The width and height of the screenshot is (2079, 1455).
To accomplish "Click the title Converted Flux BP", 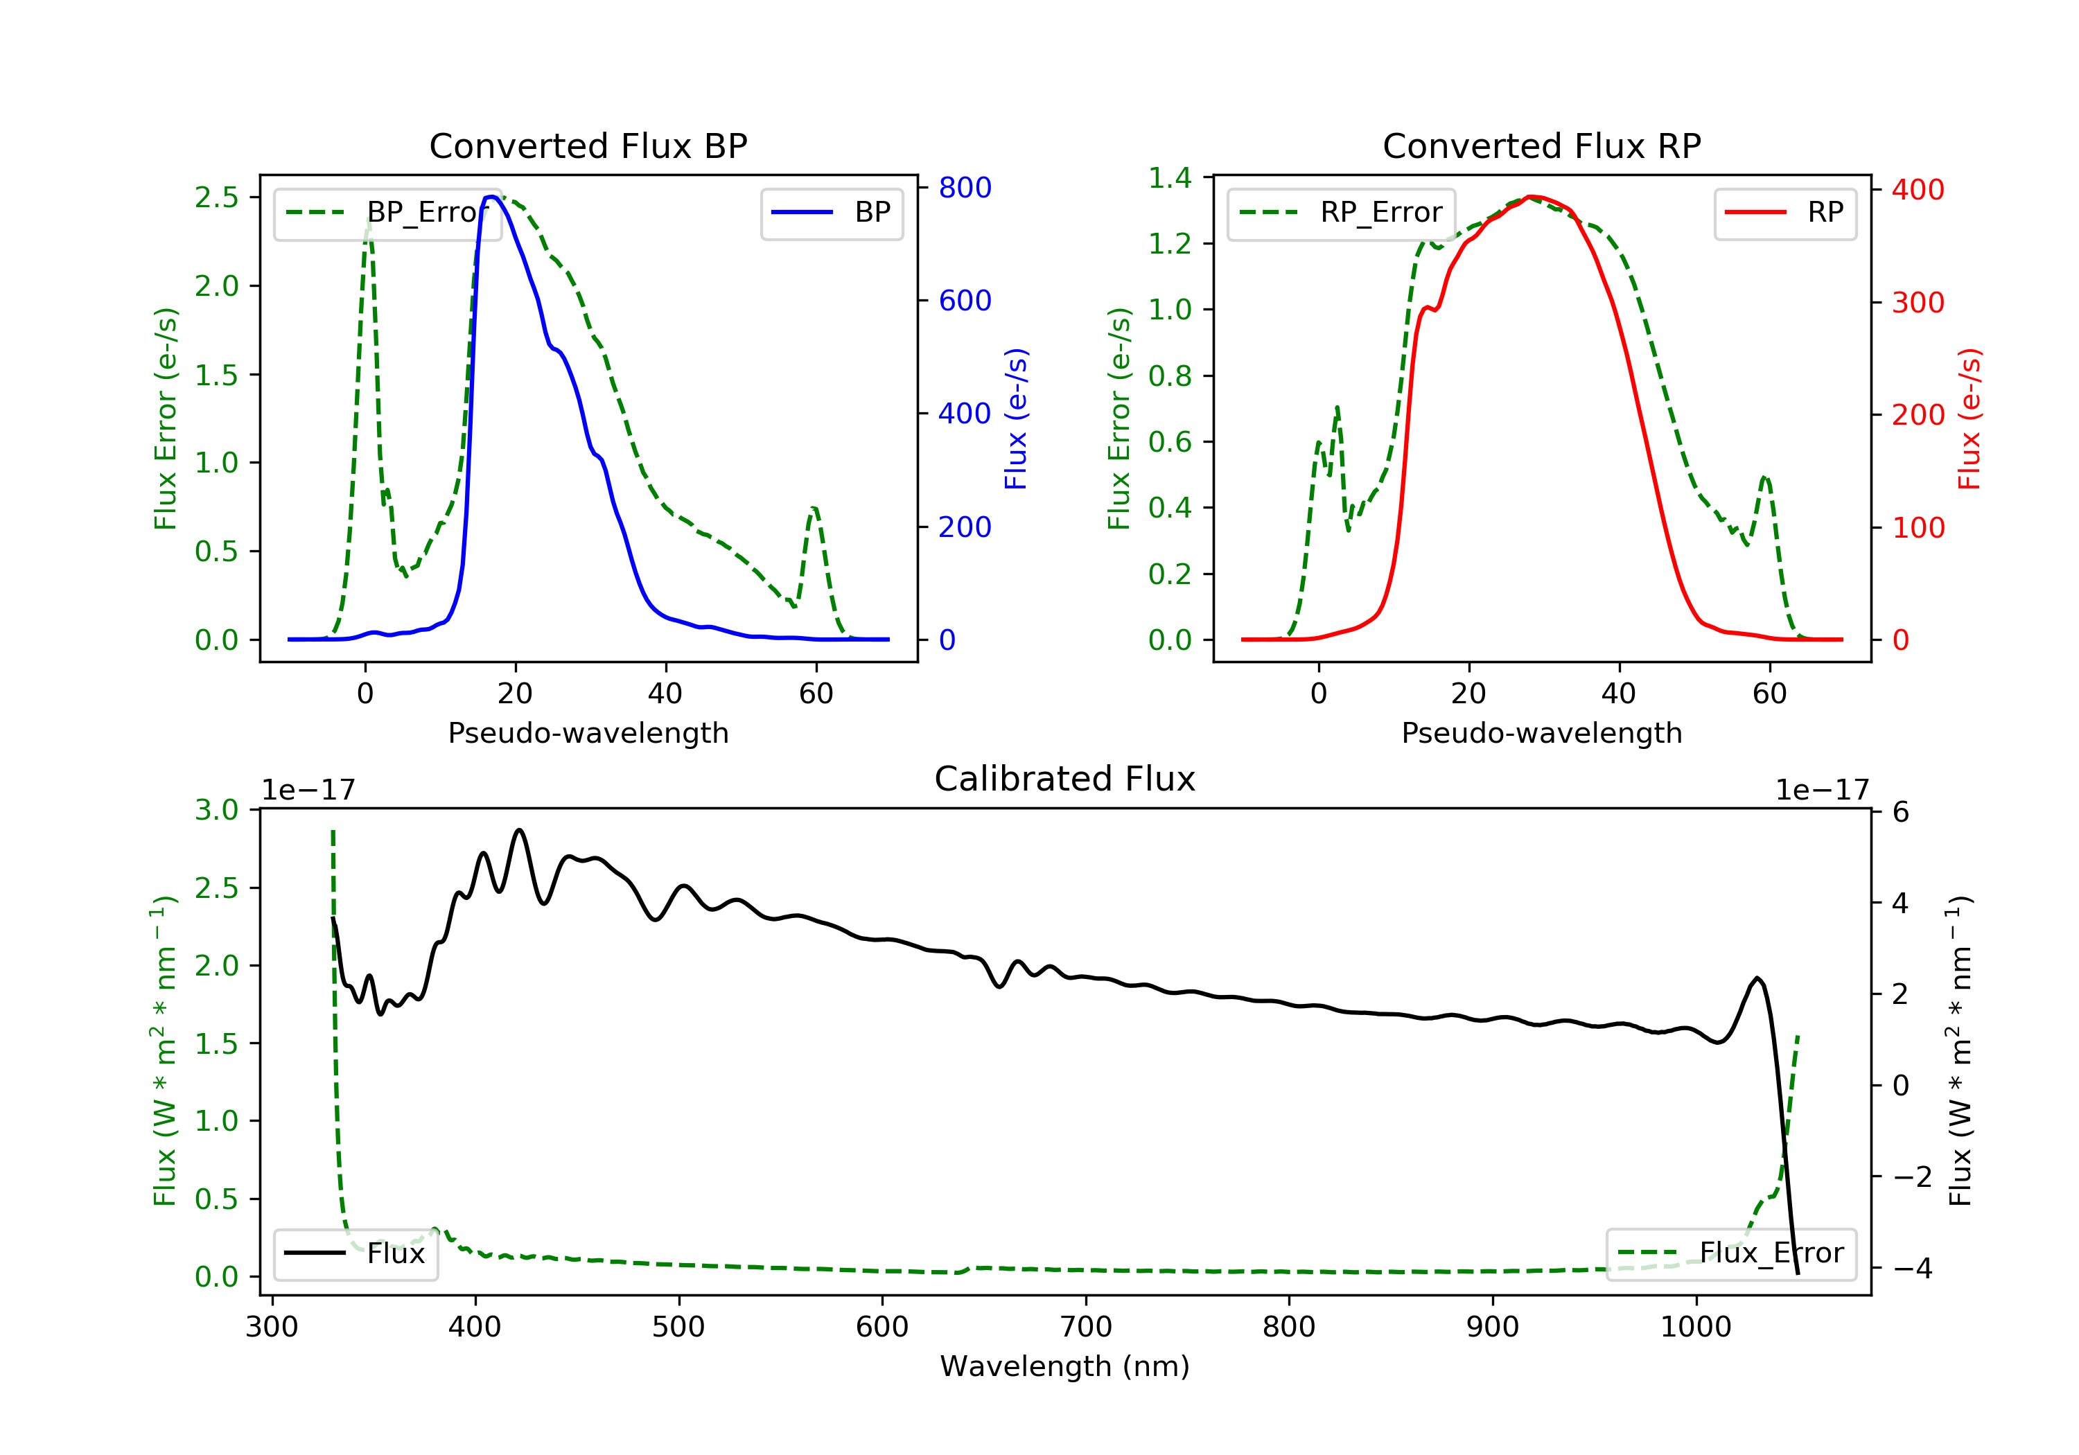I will click(x=588, y=145).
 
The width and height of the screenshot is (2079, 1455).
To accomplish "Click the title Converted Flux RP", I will click(x=1541, y=145).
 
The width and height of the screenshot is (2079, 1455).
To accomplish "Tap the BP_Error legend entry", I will click(x=387, y=213).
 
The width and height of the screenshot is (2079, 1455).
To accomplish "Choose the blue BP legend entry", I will click(x=831, y=213).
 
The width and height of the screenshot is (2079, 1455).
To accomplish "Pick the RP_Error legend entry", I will click(x=1341, y=213).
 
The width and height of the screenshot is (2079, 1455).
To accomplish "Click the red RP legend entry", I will click(x=1784, y=213).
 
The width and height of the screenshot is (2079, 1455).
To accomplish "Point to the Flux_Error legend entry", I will click(x=1730, y=1253).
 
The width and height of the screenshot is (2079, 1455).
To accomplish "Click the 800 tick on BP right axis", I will click(x=965, y=188).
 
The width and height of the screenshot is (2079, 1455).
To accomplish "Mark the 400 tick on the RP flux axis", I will click(x=1918, y=190).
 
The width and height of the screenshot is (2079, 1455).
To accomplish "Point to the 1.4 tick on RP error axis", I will click(x=1170, y=178).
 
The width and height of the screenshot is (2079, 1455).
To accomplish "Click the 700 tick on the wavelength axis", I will click(x=1086, y=1328).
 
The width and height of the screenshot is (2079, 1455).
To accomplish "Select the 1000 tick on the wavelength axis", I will click(x=1695, y=1328).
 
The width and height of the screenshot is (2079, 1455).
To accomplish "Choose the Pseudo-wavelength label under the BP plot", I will click(x=588, y=732).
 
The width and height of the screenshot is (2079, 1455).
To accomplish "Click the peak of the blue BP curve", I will click(x=491, y=197).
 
